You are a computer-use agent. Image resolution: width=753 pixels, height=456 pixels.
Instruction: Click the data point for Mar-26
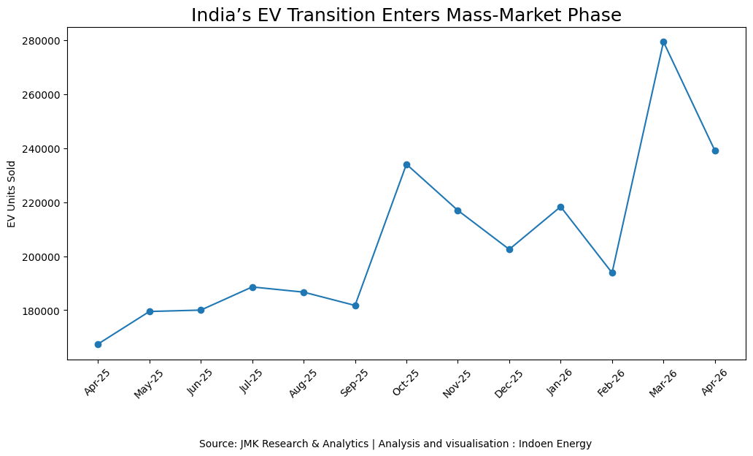664,42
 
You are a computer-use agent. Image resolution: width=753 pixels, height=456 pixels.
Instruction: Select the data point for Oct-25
406,165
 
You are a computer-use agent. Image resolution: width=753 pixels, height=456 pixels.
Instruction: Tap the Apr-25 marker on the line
98,344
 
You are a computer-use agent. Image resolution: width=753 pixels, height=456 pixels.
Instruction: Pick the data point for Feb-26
612,273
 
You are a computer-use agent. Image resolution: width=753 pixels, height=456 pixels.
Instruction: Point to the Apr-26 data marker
715,151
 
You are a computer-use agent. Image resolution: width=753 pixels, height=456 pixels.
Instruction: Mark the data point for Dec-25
509,250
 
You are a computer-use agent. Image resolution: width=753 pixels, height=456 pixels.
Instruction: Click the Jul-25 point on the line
252,287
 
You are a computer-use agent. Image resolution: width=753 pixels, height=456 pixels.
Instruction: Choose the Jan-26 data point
560,208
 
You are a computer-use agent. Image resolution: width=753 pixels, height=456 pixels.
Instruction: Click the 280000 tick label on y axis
41,41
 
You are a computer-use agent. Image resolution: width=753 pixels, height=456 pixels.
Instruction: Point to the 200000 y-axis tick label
41,256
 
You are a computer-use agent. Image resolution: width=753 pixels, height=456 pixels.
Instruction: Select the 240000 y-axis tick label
41,149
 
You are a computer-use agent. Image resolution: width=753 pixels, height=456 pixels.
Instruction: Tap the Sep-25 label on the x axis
354,383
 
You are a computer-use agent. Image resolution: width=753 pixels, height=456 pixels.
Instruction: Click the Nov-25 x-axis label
457,384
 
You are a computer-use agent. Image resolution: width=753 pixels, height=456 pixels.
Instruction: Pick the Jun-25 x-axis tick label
200,382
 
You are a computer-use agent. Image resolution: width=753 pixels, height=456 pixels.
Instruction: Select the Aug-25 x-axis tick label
303,383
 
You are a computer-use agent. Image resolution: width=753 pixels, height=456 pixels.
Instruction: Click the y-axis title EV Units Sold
12,194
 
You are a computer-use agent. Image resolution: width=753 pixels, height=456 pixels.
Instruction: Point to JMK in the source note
250,444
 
